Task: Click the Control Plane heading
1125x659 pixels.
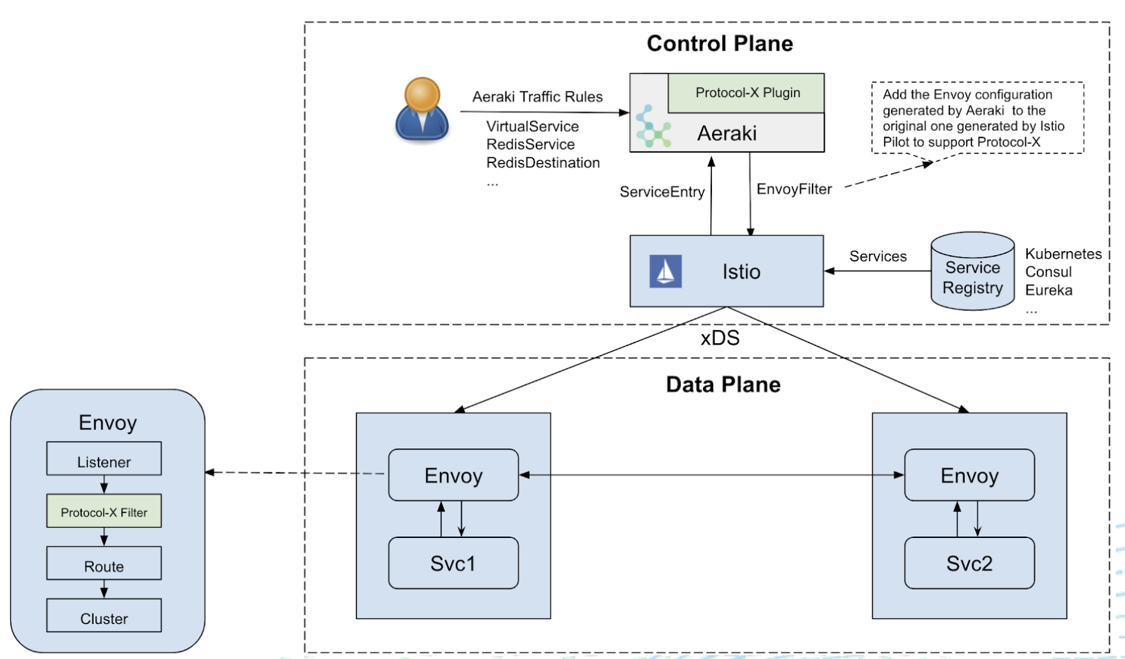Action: (x=719, y=43)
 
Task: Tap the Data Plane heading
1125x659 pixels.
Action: (x=723, y=385)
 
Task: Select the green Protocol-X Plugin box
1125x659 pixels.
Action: (x=747, y=93)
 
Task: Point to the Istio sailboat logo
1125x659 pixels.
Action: (x=665, y=271)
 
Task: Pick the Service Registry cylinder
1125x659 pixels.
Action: (x=972, y=272)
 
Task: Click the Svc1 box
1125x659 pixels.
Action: (x=453, y=563)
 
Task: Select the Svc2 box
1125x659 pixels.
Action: (x=969, y=563)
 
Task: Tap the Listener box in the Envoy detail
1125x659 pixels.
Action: (x=104, y=459)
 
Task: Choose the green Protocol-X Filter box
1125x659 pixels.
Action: (x=104, y=511)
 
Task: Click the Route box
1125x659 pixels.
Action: (x=104, y=563)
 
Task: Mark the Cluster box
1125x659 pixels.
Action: (x=104, y=616)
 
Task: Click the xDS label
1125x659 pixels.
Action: (x=720, y=338)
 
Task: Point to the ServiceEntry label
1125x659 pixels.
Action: (x=662, y=192)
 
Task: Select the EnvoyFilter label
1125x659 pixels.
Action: (x=794, y=189)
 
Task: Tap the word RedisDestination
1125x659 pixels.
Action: (x=543, y=163)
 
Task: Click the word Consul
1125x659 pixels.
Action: (x=1048, y=272)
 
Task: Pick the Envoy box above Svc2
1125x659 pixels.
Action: (x=969, y=475)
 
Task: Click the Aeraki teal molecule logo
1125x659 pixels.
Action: (x=652, y=127)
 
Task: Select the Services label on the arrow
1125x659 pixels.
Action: (x=878, y=257)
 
